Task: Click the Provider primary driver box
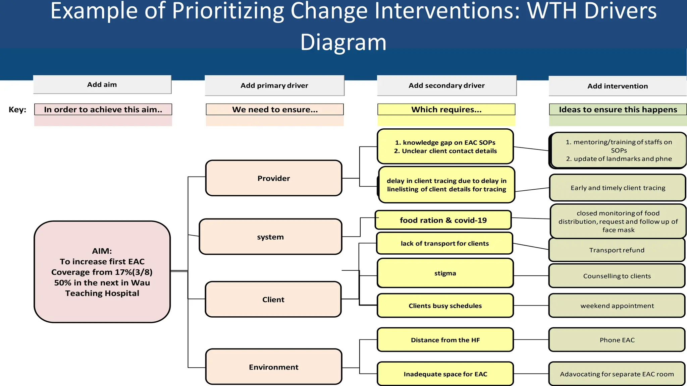point(273,178)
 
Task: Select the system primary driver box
point(270,237)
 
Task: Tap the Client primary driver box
point(273,299)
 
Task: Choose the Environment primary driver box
point(273,367)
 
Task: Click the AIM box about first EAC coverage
point(102,272)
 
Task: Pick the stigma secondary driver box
point(445,273)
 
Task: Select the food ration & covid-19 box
point(443,220)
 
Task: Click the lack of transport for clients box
point(444,243)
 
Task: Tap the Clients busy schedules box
point(445,306)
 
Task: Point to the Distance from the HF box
point(445,340)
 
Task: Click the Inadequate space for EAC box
point(445,374)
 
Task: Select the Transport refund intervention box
point(617,250)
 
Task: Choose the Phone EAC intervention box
point(617,340)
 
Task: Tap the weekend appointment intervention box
point(617,306)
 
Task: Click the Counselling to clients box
point(617,276)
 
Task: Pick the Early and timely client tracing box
point(618,188)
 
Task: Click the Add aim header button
point(102,84)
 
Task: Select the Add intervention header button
point(618,86)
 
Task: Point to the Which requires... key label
point(446,110)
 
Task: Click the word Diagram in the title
point(343,42)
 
